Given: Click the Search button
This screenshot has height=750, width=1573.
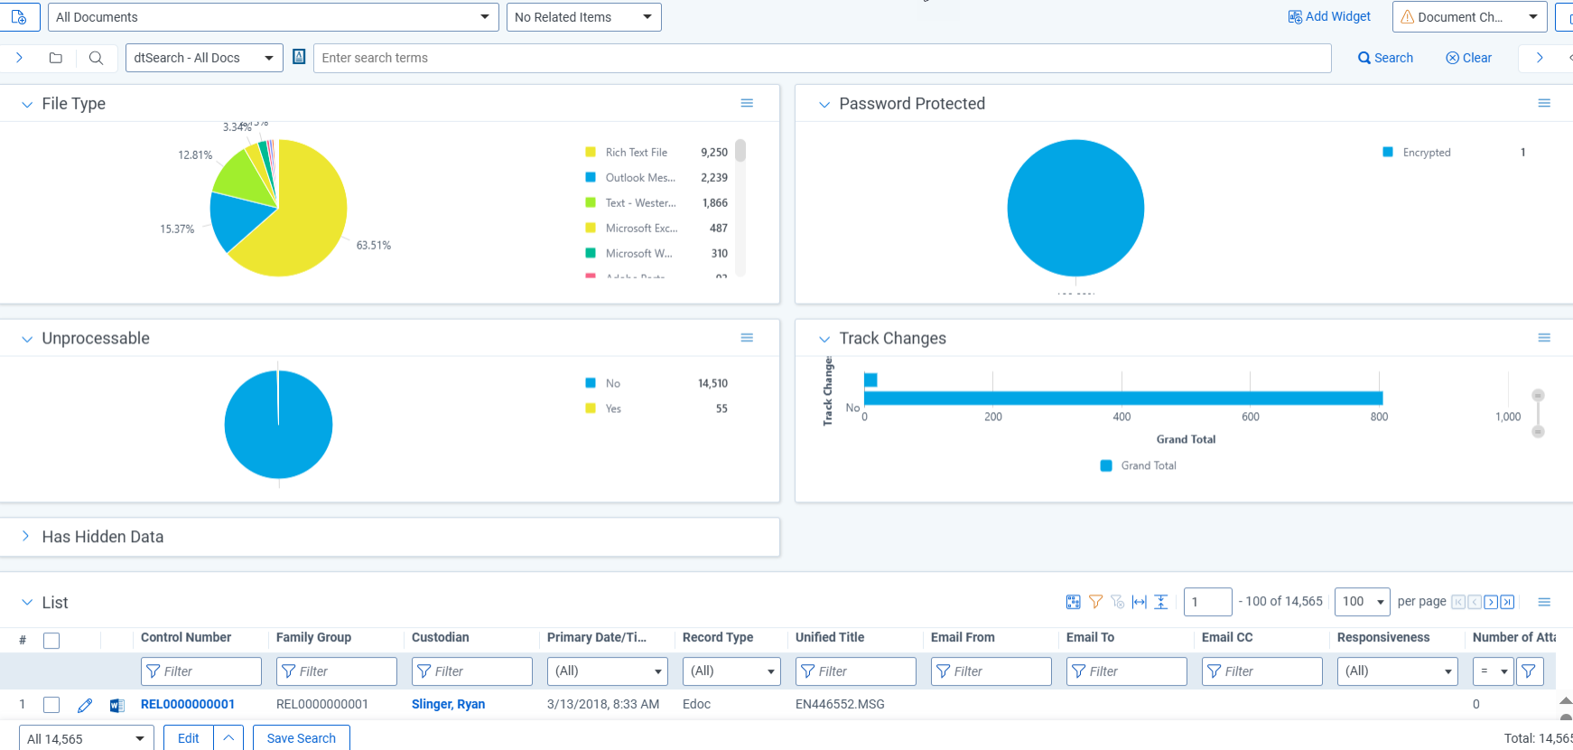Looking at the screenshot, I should click(x=1385, y=58).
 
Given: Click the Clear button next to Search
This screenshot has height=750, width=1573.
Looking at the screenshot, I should click(x=1468, y=58).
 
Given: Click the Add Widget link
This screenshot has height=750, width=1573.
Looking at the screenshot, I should click(x=1329, y=16).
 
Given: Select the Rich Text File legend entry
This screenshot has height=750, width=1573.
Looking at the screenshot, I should click(x=636, y=153).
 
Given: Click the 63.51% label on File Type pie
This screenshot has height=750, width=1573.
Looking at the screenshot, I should click(x=373, y=245).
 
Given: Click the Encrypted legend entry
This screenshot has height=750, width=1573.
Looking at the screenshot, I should click(x=1426, y=153).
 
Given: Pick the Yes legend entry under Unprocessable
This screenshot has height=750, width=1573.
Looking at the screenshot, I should click(x=613, y=408).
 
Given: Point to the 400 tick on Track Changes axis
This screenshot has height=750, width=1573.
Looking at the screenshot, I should click(x=1122, y=417).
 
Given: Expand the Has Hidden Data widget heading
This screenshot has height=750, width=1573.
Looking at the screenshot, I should click(x=102, y=537).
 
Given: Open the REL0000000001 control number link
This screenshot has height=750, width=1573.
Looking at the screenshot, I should click(x=188, y=704).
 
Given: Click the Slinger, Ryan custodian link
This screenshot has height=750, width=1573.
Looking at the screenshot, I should click(x=448, y=704).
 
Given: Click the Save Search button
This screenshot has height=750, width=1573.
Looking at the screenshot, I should click(x=301, y=738).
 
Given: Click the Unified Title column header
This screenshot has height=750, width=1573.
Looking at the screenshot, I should click(x=830, y=637).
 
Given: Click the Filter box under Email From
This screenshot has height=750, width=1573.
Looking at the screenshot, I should click(x=991, y=671).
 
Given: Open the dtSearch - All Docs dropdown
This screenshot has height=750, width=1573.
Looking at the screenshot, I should click(x=203, y=58).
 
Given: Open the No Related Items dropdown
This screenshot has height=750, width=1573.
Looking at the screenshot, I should click(x=583, y=17).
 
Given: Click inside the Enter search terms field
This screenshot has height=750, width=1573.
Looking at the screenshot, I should click(x=822, y=58).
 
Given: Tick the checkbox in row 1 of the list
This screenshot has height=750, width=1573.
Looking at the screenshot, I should click(x=51, y=705).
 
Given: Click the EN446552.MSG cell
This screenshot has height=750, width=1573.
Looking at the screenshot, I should click(x=840, y=704).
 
